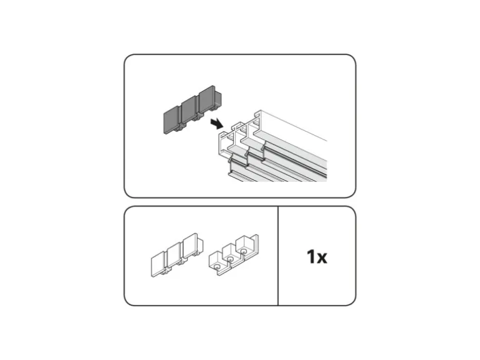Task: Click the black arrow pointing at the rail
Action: point(217,124)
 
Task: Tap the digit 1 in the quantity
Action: point(311,257)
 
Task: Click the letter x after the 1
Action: point(322,258)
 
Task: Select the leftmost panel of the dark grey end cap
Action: point(172,121)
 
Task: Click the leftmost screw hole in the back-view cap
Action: point(217,267)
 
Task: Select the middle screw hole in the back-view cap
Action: point(230,259)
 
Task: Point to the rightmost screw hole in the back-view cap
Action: point(243,252)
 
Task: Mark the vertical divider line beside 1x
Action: point(278,256)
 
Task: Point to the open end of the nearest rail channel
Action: point(226,143)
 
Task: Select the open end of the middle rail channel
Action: point(242,133)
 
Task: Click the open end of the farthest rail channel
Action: point(257,122)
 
